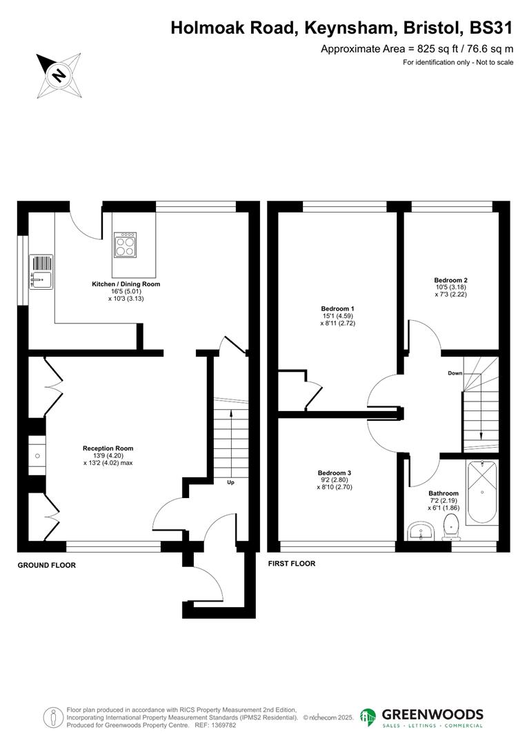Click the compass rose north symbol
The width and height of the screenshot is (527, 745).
59,76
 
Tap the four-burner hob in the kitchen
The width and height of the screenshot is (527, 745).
125,245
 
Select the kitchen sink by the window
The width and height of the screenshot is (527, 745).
41,272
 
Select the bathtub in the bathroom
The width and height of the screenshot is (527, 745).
482,493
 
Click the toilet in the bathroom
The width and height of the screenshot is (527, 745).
451,529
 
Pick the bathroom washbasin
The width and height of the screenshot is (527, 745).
421,530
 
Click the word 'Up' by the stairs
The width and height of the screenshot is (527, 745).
230,482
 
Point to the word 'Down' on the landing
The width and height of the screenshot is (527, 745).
455,373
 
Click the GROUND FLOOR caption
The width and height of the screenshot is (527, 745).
47,565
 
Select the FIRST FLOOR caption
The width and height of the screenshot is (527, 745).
292,564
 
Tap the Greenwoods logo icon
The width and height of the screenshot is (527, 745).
368,717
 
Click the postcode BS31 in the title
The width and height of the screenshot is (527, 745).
491,28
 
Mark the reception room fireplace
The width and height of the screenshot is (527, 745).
37,456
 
